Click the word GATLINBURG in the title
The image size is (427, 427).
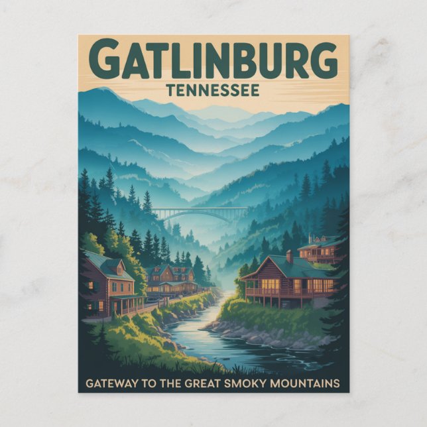tap(213, 60)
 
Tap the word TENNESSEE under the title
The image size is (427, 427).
tap(213, 90)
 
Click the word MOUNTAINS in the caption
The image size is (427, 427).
tap(310, 383)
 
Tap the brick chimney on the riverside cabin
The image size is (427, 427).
tap(289, 257)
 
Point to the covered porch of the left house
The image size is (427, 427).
tap(126, 304)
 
